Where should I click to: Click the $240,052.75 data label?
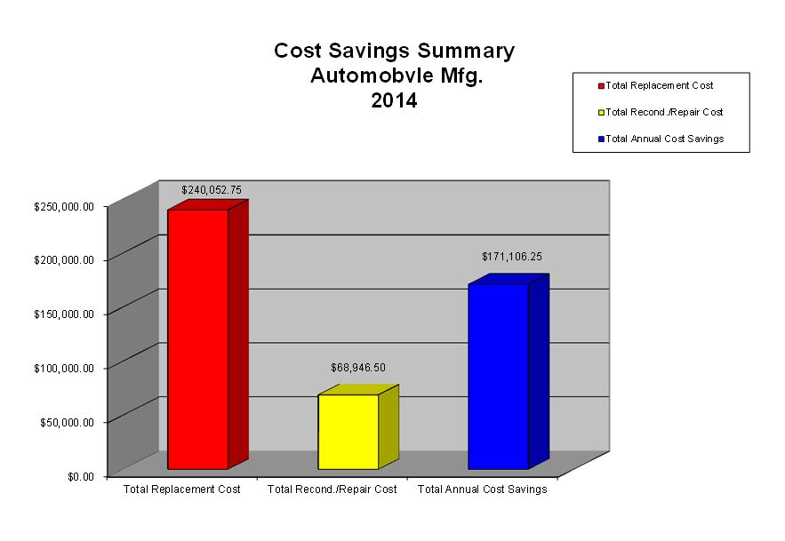[x=212, y=190]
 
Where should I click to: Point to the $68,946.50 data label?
[x=358, y=367]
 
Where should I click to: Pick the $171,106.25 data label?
[x=512, y=256]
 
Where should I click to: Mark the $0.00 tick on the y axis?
[x=82, y=476]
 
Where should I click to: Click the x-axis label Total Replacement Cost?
[x=181, y=489]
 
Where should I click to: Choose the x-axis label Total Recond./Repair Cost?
[x=332, y=489]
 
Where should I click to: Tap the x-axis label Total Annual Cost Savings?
[x=482, y=489]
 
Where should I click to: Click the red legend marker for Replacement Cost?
[x=602, y=86]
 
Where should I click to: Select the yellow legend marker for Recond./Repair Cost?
[x=602, y=113]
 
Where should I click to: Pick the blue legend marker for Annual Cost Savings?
[x=602, y=139]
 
